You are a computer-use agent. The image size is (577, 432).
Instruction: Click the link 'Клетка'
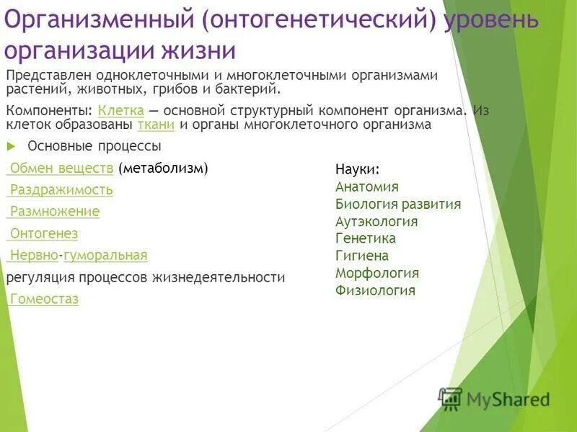point(121,111)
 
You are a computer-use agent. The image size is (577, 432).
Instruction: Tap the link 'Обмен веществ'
point(61,168)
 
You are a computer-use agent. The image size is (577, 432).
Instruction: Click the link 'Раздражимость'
point(61,190)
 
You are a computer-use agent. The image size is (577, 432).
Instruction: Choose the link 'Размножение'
point(54,212)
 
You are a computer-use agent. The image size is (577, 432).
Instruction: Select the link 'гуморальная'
point(105,255)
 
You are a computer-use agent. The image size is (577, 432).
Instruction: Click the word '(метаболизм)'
point(164,168)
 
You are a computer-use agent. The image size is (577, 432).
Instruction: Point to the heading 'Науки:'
point(357,169)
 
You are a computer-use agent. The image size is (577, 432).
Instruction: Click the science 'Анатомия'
point(367,186)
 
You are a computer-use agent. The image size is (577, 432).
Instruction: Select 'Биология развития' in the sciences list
point(398,204)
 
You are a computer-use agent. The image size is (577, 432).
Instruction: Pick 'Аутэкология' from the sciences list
point(376,222)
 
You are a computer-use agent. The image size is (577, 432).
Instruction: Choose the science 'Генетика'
point(366,238)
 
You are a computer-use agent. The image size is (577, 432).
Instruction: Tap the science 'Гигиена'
point(362,256)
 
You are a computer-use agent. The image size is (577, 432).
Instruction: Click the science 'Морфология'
point(377,273)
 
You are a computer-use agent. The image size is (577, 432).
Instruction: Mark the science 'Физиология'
point(375,291)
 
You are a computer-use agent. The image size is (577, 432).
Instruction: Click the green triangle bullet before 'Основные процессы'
point(10,145)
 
